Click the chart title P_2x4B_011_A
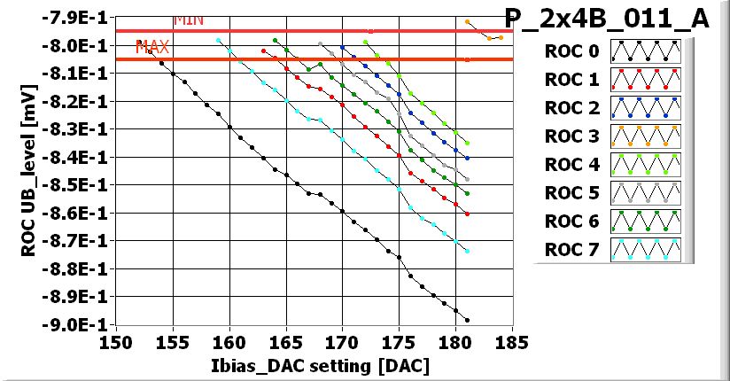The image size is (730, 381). tap(606, 19)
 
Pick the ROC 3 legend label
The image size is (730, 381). tap(573, 136)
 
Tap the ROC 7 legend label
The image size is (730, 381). tap(573, 250)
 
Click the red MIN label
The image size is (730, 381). tap(186, 19)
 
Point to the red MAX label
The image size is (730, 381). tap(151, 48)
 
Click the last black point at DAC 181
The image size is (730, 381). tap(467, 320)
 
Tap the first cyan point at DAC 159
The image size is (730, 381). tap(218, 41)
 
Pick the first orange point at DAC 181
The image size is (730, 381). tap(467, 21)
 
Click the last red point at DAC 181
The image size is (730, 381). tap(467, 214)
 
